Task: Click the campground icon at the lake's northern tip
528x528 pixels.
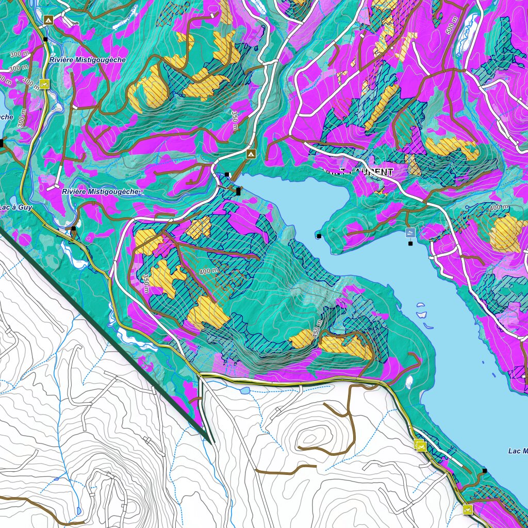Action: point(251,154)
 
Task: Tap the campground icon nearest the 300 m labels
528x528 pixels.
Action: point(48,20)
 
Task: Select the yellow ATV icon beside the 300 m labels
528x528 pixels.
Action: point(44,84)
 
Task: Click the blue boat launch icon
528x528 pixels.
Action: point(410,233)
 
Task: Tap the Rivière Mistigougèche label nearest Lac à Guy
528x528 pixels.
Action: point(101,191)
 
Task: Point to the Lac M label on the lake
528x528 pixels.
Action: point(517,451)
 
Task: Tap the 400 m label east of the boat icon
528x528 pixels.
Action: point(498,207)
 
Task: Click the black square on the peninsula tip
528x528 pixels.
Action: point(319,236)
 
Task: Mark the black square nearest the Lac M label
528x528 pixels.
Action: point(484,470)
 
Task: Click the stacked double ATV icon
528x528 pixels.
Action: point(421,445)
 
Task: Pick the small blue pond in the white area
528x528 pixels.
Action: point(244,391)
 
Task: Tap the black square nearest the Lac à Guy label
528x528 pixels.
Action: point(74,228)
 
